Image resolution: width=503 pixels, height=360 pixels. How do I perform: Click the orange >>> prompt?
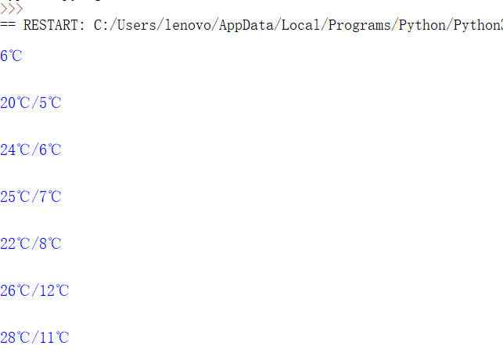11,9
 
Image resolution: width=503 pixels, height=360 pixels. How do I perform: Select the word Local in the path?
300,25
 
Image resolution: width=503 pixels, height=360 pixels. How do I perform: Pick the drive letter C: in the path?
101,25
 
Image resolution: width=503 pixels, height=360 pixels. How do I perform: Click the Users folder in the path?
135,25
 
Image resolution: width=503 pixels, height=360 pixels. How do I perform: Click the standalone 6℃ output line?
11,56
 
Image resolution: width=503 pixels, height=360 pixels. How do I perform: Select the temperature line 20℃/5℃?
31,103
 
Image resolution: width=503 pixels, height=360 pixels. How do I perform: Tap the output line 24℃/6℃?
31,150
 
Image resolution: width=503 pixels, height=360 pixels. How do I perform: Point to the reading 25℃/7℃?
31,197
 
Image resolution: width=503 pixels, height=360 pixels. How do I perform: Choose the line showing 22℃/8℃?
31,244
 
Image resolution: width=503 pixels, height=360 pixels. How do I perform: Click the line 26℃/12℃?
34,291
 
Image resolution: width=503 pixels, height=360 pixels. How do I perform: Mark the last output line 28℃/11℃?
34,338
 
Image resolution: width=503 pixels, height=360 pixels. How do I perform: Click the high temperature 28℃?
15,338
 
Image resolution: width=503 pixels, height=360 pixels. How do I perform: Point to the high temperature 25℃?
15,197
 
